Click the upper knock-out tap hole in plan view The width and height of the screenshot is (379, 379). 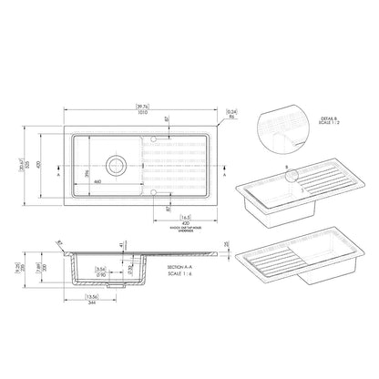[155, 139]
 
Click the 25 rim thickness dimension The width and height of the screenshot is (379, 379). [226, 244]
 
